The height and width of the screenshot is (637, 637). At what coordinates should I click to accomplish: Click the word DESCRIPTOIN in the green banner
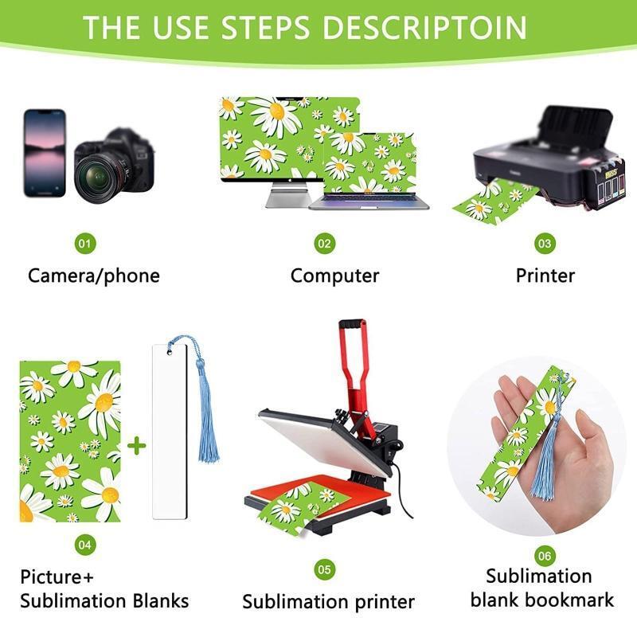coord(424,28)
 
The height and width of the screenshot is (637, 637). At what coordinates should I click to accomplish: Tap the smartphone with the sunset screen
coord(45,153)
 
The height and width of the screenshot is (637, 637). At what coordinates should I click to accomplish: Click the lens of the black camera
coord(97,178)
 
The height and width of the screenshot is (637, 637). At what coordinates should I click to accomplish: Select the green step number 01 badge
coord(85,244)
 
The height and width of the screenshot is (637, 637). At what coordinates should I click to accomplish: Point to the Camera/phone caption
coord(94,276)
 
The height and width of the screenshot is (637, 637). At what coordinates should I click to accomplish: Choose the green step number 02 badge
coord(325,244)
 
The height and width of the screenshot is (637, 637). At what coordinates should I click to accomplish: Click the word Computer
coord(334,276)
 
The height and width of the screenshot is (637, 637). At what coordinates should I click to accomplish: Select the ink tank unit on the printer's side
coord(605,184)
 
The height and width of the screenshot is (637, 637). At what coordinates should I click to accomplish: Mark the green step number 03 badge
coord(545,244)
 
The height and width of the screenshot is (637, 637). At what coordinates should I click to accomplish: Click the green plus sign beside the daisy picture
coord(137,446)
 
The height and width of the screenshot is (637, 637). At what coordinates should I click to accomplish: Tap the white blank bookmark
coord(170,432)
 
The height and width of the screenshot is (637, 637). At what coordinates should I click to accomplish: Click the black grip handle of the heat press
coord(353,324)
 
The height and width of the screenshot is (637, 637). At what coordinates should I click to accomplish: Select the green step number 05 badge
coord(325,569)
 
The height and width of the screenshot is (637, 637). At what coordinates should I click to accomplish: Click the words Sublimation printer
coord(328,602)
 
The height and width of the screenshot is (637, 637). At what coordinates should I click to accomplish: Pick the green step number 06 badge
coord(545,556)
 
